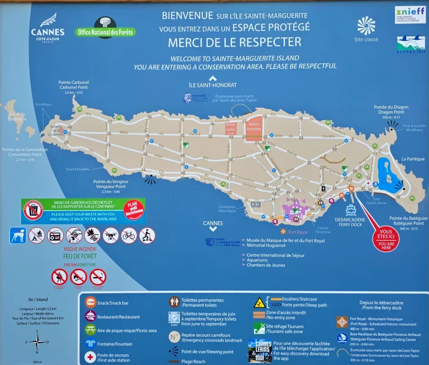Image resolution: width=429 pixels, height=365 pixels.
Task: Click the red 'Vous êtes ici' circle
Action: (x=386, y=237)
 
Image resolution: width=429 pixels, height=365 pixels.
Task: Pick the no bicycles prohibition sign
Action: (x=129, y=235)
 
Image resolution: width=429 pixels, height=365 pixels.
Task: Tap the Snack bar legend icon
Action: (x=90, y=302)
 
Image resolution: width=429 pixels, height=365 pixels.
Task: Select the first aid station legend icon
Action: (x=90, y=357)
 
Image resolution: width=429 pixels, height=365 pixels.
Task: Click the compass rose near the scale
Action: (x=37, y=341)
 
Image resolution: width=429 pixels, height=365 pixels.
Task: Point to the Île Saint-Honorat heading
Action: (x=213, y=85)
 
